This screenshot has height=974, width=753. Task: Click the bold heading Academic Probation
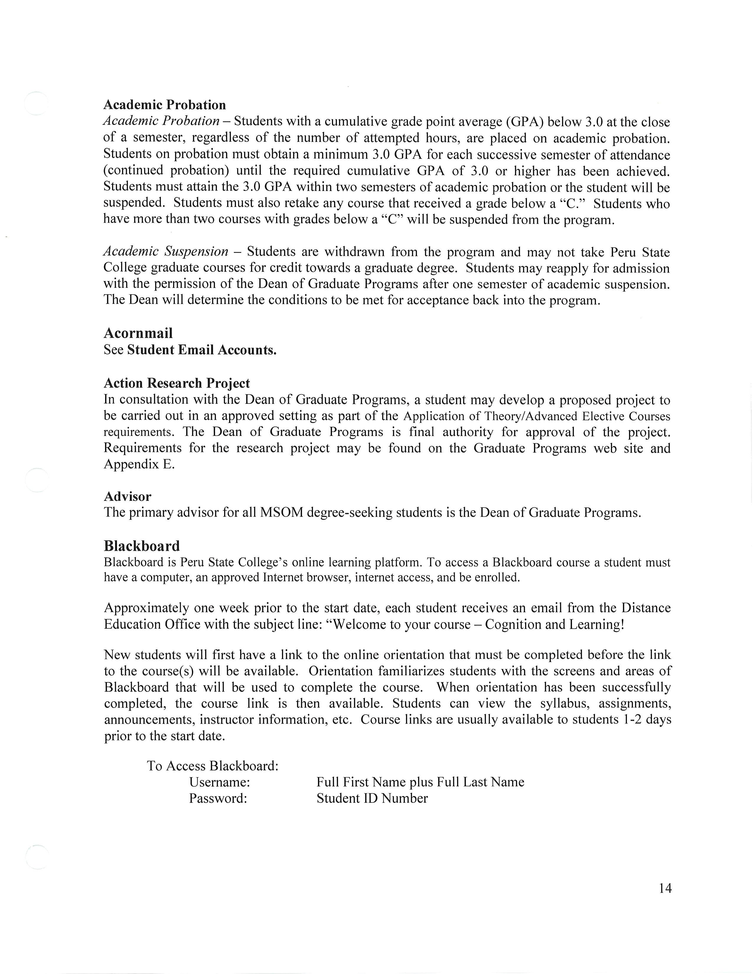coord(164,105)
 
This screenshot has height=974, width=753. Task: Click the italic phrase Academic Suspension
coord(166,251)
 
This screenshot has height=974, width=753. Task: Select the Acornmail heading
coord(138,333)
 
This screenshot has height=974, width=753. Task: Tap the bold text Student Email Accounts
coord(202,350)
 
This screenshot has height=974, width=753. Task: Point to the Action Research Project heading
coord(177,383)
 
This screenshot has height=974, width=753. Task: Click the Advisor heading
coord(128,496)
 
